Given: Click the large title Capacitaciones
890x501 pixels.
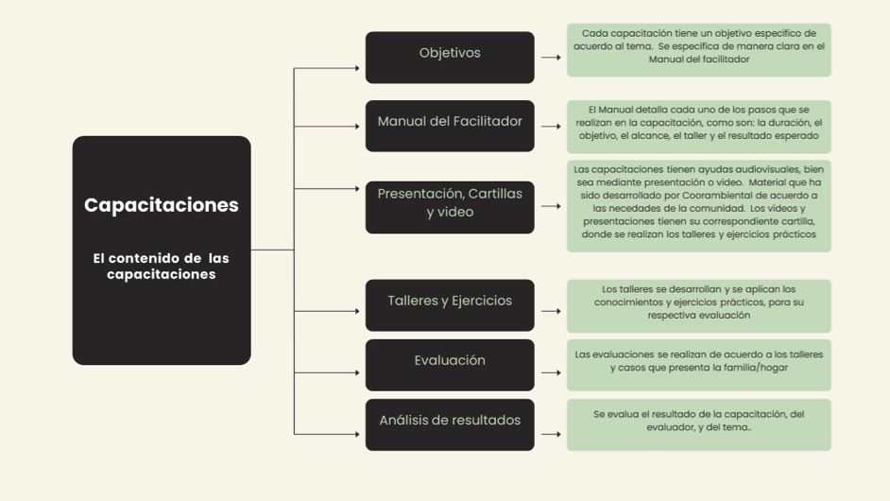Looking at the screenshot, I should pyautogui.click(x=162, y=205).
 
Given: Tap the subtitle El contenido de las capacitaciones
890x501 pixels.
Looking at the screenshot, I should pyautogui.click(x=162, y=266).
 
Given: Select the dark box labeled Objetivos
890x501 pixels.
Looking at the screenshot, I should pyautogui.click(x=450, y=57).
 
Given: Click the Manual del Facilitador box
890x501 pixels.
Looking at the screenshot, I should pyautogui.click(x=450, y=125).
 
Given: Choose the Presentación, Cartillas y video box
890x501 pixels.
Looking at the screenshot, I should pyautogui.click(x=450, y=206).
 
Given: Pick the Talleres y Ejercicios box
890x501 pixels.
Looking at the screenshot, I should pyautogui.click(x=450, y=304).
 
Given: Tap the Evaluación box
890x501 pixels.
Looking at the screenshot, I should pyautogui.click(x=450, y=364).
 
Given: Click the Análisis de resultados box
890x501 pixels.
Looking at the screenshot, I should pyautogui.click(x=450, y=423).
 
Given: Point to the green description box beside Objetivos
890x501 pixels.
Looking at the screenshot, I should pyautogui.click(x=698, y=49).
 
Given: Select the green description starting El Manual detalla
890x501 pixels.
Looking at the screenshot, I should pyautogui.click(x=698, y=126).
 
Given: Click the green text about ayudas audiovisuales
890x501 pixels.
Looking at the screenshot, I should pyautogui.click(x=698, y=206).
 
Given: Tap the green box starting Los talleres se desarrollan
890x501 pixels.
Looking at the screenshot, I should pyautogui.click(x=698, y=304).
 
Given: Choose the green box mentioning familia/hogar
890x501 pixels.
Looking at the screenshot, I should pyautogui.click(x=698, y=364).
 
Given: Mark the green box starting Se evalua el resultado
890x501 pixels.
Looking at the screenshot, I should pyautogui.click(x=698, y=423).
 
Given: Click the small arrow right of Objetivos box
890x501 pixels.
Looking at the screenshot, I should pyautogui.click(x=551, y=57).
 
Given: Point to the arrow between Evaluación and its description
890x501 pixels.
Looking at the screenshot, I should pyautogui.click(x=551, y=372).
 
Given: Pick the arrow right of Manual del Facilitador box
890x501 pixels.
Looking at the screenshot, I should pyautogui.click(x=551, y=134).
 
